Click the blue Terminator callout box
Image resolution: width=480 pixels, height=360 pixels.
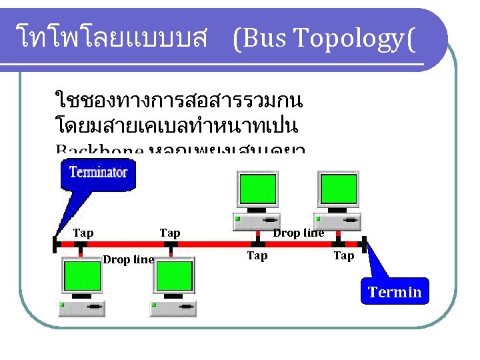pyautogui.click(x=98, y=173)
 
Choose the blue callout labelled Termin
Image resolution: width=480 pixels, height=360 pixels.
pyautogui.click(x=395, y=292)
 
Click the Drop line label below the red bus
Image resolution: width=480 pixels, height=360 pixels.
pyautogui.click(x=128, y=260)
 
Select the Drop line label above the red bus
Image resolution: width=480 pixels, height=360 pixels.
pyautogui.click(x=299, y=233)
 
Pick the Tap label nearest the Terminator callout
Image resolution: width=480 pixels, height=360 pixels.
pyautogui.click(x=83, y=233)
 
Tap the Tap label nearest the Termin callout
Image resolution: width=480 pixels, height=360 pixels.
pyautogui.click(x=343, y=255)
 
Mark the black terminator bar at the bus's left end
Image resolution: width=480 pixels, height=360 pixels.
pyautogui.click(x=55, y=244)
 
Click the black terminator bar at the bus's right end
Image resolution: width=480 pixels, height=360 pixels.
pyautogui.click(x=364, y=244)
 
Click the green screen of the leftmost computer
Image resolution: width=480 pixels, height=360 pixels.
pyautogui.click(x=81, y=277)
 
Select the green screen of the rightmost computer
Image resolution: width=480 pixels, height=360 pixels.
pyautogui.click(x=339, y=189)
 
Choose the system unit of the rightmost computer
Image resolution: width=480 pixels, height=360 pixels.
pyautogui.click(x=339, y=219)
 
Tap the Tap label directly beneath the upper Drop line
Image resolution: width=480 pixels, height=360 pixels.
pyautogui.click(x=257, y=255)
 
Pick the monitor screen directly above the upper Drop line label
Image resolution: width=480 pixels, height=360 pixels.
pyautogui.click(x=257, y=189)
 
